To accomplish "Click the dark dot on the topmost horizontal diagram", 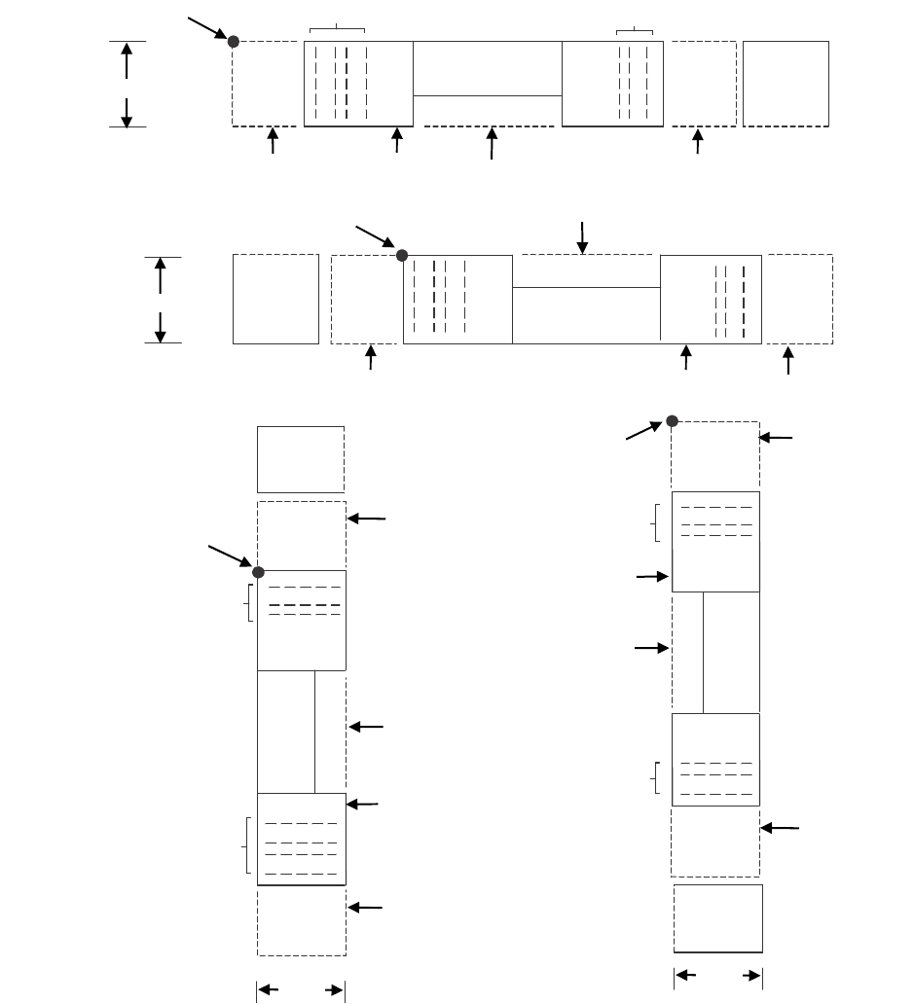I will pyautogui.click(x=233, y=41).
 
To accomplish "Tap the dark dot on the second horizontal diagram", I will pyautogui.click(x=401, y=256).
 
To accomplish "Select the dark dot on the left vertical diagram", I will pyautogui.click(x=258, y=571).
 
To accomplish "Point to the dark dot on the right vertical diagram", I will pyautogui.click(x=672, y=420).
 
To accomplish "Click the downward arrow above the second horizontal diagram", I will pyautogui.click(x=582, y=237).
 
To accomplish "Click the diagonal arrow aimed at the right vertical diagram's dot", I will pyautogui.click(x=645, y=430).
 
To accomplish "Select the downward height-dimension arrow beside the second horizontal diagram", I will pyautogui.click(x=161, y=325).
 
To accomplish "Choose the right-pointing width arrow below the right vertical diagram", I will pyautogui.click(x=748, y=974).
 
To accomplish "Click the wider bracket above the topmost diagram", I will pyautogui.click(x=336, y=29).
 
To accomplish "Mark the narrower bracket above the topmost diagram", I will pyautogui.click(x=634, y=31).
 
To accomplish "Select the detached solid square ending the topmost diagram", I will pyautogui.click(x=786, y=84).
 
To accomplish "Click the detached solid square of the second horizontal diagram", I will pyautogui.click(x=275, y=299).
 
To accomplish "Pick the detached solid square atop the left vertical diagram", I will pyautogui.click(x=300, y=459).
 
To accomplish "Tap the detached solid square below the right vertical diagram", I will pyautogui.click(x=717, y=918).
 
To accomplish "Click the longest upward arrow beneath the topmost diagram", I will pyautogui.click(x=492, y=143).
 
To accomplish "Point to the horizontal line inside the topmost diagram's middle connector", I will pyautogui.click(x=488, y=95).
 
